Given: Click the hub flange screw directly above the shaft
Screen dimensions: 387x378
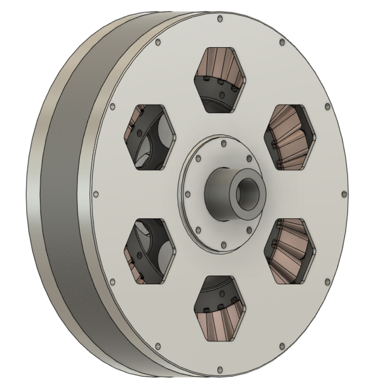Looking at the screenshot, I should pyautogui.click(x=224, y=144).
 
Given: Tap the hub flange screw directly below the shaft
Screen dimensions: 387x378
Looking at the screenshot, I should pyautogui.click(x=224, y=245).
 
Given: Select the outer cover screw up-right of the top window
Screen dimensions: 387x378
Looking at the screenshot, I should pyautogui.click(x=281, y=42).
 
